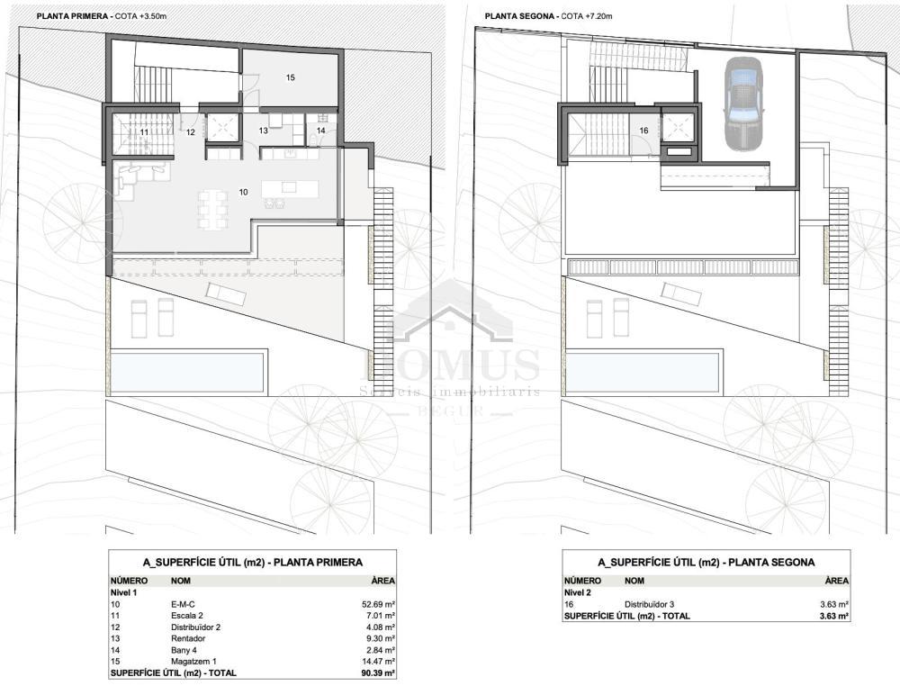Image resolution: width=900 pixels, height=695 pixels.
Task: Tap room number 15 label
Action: point(291,77)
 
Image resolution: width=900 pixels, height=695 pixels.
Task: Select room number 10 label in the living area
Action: point(243,192)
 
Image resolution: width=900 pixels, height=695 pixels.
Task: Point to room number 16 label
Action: point(644,131)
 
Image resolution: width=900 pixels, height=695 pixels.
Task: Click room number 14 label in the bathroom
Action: point(321,131)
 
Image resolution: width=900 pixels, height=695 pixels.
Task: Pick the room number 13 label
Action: point(263,131)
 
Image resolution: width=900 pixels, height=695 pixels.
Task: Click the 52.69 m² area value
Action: point(375,604)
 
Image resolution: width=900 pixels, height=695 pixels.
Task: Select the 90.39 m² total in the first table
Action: point(375,673)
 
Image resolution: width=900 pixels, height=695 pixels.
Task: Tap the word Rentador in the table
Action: point(188,638)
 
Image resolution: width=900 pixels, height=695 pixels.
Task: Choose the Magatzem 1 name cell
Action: point(193,662)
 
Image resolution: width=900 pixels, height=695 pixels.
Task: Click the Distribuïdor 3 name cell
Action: point(649,604)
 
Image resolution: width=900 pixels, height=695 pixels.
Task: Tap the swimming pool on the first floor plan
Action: point(186,372)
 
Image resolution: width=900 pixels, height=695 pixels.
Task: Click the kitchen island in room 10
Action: point(290,189)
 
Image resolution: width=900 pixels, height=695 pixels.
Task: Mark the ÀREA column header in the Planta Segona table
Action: point(837,581)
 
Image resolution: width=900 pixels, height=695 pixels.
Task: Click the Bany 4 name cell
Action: point(184,650)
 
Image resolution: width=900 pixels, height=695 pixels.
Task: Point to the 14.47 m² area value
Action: point(375,662)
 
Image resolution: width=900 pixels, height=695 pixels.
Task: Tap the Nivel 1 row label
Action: point(123,592)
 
